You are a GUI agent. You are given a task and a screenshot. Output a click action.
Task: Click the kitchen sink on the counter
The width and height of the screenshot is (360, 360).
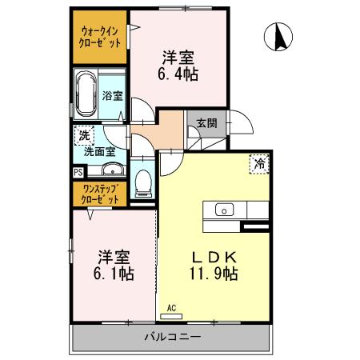click(x=225, y=210)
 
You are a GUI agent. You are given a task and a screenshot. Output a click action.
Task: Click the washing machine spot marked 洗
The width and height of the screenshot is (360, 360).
click(x=82, y=135)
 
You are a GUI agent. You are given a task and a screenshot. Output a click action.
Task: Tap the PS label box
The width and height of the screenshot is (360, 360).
click(x=78, y=171)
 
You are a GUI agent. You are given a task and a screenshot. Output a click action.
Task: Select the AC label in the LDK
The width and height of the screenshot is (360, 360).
click(x=171, y=307)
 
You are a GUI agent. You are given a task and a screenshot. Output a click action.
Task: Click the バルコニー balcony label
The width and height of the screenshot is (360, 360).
click(x=173, y=337)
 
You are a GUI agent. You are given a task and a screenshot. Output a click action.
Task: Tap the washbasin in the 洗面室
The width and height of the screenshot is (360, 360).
click(x=112, y=169)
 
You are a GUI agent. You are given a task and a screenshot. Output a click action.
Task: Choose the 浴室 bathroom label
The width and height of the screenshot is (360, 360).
click(x=112, y=96)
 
